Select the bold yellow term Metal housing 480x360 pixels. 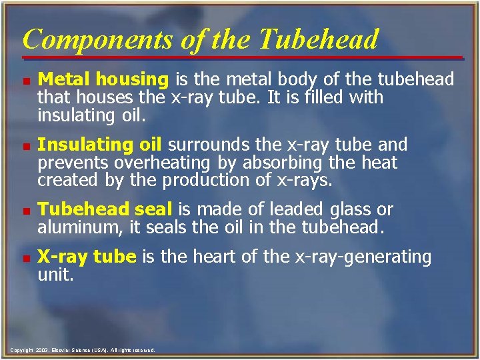click(x=103, y=80)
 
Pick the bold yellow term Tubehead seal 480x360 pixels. click(x=105, y=209)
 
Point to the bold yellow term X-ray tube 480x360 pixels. click(x=87, y=257)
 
